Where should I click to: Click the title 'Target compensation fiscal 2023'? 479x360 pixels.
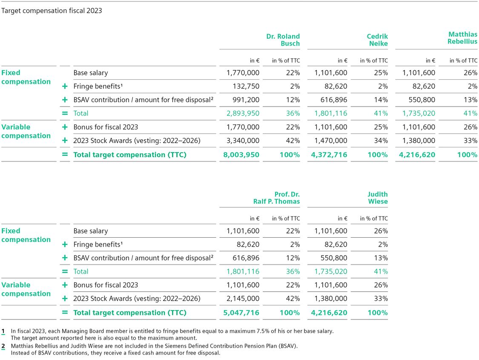coord(52,11)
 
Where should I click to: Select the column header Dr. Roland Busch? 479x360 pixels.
coord(283,40)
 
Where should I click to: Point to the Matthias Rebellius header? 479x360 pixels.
coord(462,38)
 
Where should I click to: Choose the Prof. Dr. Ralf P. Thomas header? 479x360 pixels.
coord(281,198)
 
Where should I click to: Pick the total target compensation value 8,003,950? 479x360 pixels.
coord(241,155)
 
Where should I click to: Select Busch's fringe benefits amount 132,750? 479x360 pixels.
coord(246,86)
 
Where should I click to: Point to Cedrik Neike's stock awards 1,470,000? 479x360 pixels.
coord(331,141)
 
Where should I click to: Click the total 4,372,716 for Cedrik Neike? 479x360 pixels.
coord(329,155)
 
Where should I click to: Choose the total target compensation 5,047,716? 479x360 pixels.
coord(241,313)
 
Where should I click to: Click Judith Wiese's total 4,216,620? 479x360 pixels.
coord(329,313)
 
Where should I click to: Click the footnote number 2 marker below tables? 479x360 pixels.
coord(3,346)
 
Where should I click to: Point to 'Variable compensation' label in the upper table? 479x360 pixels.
coord(26,131)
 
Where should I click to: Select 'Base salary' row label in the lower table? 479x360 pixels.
coord(90,231)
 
